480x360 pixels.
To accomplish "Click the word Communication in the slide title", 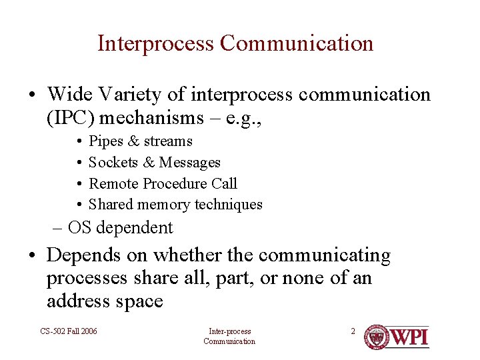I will (x=297, y=43).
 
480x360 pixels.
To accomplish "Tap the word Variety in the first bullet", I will (x=139, y=95).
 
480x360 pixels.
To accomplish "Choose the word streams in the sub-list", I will (x=168, y=141).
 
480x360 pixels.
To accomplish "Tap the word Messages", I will (x=189, y=163).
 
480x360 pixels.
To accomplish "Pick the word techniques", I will (x=227, y=205).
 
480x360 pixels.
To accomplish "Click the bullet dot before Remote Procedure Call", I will (x=79, y=184).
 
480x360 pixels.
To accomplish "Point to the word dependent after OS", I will (x=134, y=228).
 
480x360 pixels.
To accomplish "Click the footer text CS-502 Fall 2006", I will (x=69, y=331).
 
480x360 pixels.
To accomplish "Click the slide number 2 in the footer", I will (x=353, y=331).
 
